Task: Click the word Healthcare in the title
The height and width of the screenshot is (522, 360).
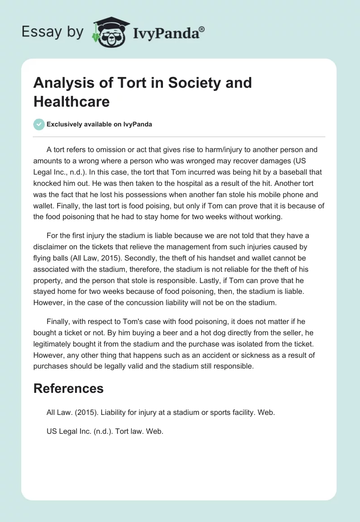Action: (x=72, y=101)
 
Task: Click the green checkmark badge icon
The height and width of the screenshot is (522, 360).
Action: (x=39, y=124)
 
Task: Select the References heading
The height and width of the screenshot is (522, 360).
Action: (x=68, y=388)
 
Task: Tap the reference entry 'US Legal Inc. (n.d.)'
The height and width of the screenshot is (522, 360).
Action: (x=105, y=431)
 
